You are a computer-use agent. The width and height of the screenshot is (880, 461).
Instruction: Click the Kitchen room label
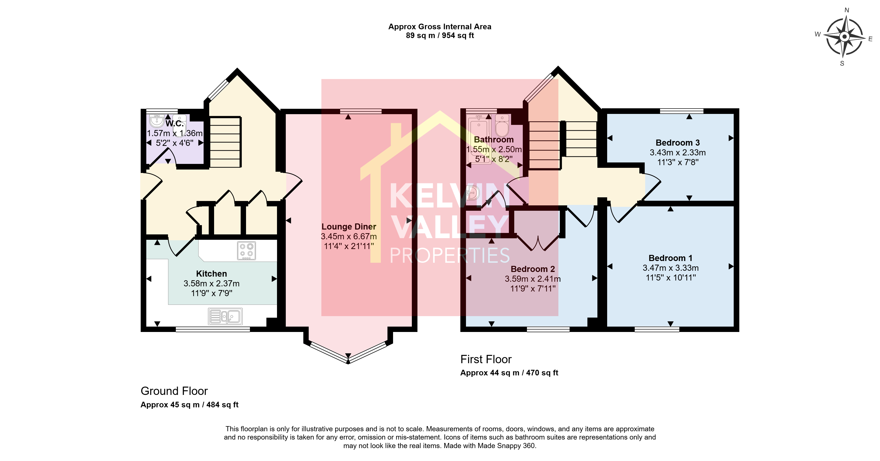[211, 274]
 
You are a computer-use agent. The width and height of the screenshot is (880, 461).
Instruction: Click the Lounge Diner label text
[349, 227]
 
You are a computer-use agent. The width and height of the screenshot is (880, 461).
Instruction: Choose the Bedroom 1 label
[671, 258]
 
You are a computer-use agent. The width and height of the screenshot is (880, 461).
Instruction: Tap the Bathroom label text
[494, 140]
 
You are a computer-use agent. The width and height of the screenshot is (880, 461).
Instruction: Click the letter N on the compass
[847, 10]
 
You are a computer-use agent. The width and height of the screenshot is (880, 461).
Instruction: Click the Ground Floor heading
[174, 391]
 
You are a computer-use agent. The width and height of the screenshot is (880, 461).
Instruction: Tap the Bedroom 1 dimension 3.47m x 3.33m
[671, 268]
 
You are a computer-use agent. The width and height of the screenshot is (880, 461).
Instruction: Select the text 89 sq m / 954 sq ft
[440, 36]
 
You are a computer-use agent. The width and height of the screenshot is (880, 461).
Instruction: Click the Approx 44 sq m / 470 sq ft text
[509, 373]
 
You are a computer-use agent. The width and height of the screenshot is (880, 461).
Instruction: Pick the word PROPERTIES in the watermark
[450, 255]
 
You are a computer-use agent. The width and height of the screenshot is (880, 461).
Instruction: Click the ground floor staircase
[225, 142]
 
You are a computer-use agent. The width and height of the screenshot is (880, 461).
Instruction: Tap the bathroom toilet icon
[502, 125]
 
